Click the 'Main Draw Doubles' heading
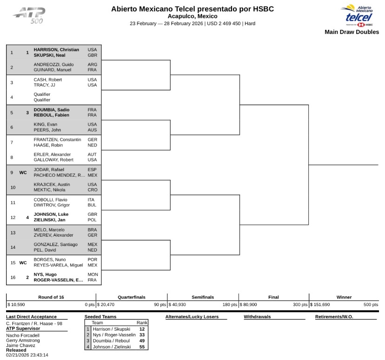[352, 32]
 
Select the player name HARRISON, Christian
[56, 50]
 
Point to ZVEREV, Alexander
[52, 235]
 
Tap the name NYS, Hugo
[45, 274]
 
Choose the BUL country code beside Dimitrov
[92, 205]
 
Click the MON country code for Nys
[93, 274]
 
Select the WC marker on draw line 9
[23, 173]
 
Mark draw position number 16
[13, 278]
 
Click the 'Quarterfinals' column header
[131, 297]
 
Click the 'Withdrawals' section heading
[257, 317]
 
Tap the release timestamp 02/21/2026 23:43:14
[27, 355]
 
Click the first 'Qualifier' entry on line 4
[42, 94]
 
